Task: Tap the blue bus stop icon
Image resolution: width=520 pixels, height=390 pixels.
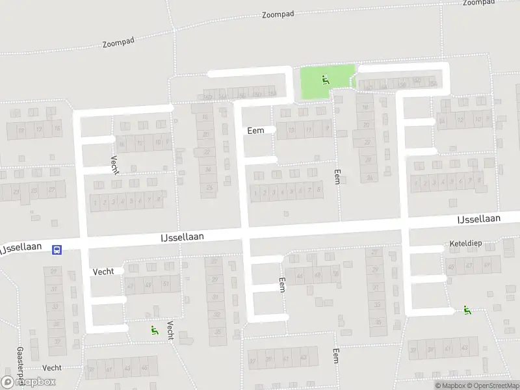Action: click(57, 250)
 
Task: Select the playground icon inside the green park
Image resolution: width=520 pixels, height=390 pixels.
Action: click(325, 81)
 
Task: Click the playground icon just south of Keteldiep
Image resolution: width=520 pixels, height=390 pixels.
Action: click(467, 310)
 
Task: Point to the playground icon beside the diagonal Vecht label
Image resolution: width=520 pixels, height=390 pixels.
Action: click(153, 330)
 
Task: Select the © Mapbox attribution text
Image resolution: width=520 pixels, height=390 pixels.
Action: click(450, 386)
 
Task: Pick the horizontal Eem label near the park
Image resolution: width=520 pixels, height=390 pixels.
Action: click(255, 131)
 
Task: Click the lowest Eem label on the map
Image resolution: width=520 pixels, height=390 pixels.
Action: click(336, 356)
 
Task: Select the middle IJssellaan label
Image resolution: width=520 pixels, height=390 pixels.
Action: click(182, 238)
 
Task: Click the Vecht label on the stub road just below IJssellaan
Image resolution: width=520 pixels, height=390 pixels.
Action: click(103, 271)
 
